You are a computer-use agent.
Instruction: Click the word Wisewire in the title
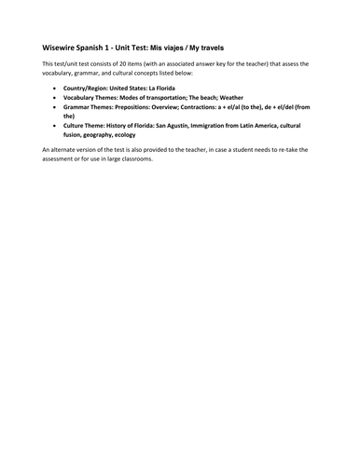coord(62,46)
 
